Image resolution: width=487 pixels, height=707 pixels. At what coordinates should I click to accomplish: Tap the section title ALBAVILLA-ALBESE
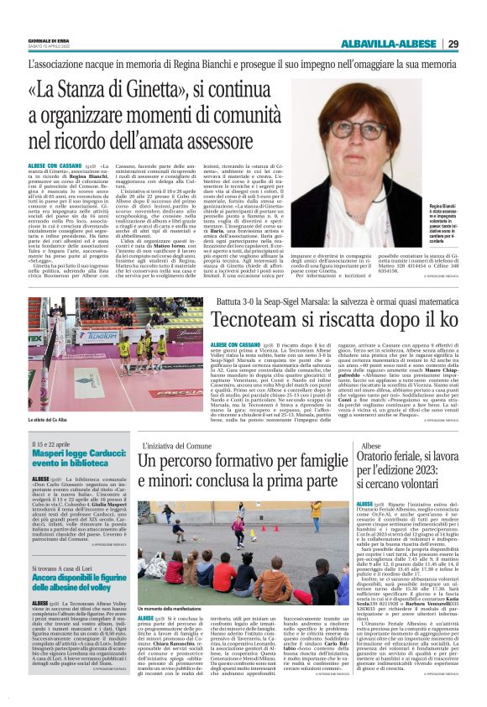[389, 44]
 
